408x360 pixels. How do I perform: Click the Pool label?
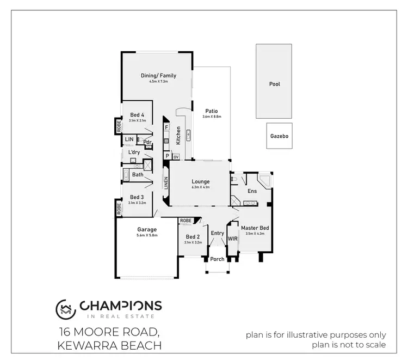pyautogui.click(x=274, y=84)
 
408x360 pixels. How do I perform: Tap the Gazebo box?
pyautogui.click(x=279, y=137)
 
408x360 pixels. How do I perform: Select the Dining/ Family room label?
pyautogui.click(x=158, y=76)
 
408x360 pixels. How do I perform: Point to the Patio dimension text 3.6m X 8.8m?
pyautogui.click(x=212, y=117)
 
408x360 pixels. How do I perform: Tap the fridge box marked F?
pyautogui.click(x=166, y=127)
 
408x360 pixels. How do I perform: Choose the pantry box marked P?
pyautogui.click(x=168, y=156)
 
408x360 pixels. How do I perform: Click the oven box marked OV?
pyautogui.click(x=176, y=156)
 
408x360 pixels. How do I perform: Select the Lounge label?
pyautogui.click(x=200, y=182)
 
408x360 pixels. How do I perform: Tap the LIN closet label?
pyautogui.click(x=129, y=140)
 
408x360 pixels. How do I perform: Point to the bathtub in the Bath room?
pyautogui.click(x=127, y=175)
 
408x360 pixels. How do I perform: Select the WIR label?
pyautogui.click(x=233, y=239)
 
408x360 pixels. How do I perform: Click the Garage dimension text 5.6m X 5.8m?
pyautogui.click(x=147, y=236)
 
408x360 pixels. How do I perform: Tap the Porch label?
pyautogui.click(x=217, y=259)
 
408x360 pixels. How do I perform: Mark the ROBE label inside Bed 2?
pyautogui.click(x=186, y=221)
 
